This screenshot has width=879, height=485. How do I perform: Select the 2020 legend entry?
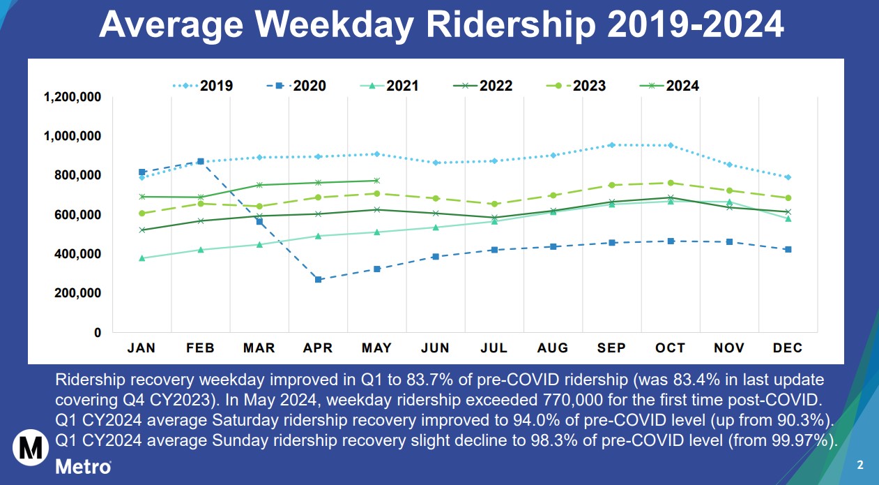pos(296,86)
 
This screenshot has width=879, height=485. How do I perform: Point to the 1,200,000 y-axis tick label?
pos(72,96)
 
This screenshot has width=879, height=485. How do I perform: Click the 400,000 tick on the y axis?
pos(77,254)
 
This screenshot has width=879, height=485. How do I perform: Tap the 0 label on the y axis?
pos(98,333)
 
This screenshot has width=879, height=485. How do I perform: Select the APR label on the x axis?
pos(319,348)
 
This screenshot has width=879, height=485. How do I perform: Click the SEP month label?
pos(611,348)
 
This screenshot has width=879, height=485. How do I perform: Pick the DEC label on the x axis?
pos(788,348)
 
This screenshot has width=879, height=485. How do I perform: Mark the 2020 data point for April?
pos(319,279)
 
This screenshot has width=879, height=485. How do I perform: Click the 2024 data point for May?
pos(377,181)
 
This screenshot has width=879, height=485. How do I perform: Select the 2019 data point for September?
pos(611,145)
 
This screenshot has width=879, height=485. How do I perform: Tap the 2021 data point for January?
pos(142,258)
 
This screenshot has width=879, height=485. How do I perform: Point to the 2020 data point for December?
pos(788,249)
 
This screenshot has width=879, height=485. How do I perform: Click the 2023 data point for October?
pos(671,183)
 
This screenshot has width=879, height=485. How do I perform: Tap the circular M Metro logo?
pos(30,447)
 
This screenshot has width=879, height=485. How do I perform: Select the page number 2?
pos(860,465)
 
